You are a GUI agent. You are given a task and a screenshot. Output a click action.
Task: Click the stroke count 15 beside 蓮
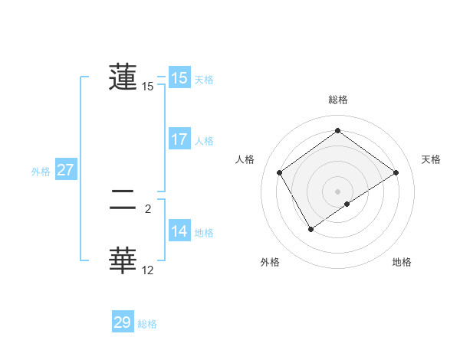148,87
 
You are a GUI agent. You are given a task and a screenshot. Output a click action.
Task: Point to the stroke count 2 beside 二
148,208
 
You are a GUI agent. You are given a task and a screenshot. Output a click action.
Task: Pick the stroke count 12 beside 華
148,270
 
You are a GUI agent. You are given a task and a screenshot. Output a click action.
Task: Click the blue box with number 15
179,78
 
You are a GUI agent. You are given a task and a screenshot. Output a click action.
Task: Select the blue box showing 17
179,139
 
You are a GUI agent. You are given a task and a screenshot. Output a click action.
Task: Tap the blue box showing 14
179,231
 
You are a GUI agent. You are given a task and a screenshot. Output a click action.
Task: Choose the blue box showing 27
65,170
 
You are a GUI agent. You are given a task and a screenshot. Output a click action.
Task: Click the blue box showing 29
123,322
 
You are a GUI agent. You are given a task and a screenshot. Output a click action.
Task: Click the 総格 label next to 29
147,324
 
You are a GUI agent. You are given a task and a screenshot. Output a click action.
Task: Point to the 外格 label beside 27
41,172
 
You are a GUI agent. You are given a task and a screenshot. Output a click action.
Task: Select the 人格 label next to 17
204,141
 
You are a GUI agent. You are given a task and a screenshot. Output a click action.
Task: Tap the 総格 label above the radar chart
337,100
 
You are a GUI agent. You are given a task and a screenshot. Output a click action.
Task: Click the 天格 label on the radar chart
431,159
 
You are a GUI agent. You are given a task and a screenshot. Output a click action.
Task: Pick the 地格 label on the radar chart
402,262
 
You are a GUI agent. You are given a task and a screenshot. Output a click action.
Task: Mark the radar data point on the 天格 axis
396,173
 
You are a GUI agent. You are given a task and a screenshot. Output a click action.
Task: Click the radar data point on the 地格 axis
347,204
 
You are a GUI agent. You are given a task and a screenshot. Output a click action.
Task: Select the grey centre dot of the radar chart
337,191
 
